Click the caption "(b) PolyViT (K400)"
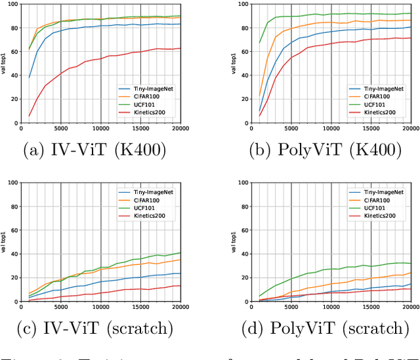(325, 151)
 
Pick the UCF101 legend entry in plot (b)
(375, 103)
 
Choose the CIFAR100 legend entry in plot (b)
(378, 95)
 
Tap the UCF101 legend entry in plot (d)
(375, 207)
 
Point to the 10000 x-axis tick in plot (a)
(100, 129)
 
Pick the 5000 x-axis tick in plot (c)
(61, 307)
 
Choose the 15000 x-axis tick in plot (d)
(370, 307)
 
